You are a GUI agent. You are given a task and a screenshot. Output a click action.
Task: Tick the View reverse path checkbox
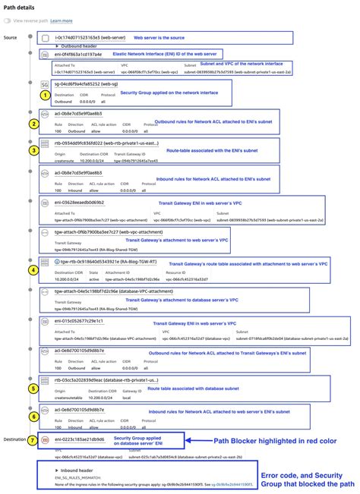click(8, 21)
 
